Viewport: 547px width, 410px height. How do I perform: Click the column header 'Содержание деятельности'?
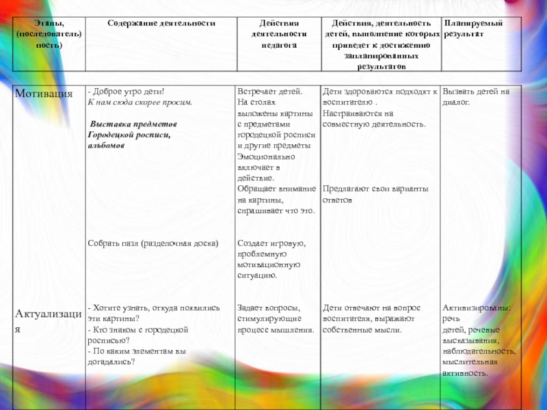pos(161,23)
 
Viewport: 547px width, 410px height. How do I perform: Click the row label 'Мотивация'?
pos(44,93)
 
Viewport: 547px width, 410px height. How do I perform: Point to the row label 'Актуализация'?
pos(48,318)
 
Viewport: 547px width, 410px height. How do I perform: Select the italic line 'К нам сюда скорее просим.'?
pos(140,102)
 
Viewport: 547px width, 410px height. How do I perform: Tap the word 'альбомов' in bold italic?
pos(106,146)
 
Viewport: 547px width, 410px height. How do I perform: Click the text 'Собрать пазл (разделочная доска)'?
pos(153,243)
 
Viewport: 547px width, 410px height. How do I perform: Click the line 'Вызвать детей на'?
pos(476,92)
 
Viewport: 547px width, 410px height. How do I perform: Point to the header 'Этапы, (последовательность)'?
pos(49,33)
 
